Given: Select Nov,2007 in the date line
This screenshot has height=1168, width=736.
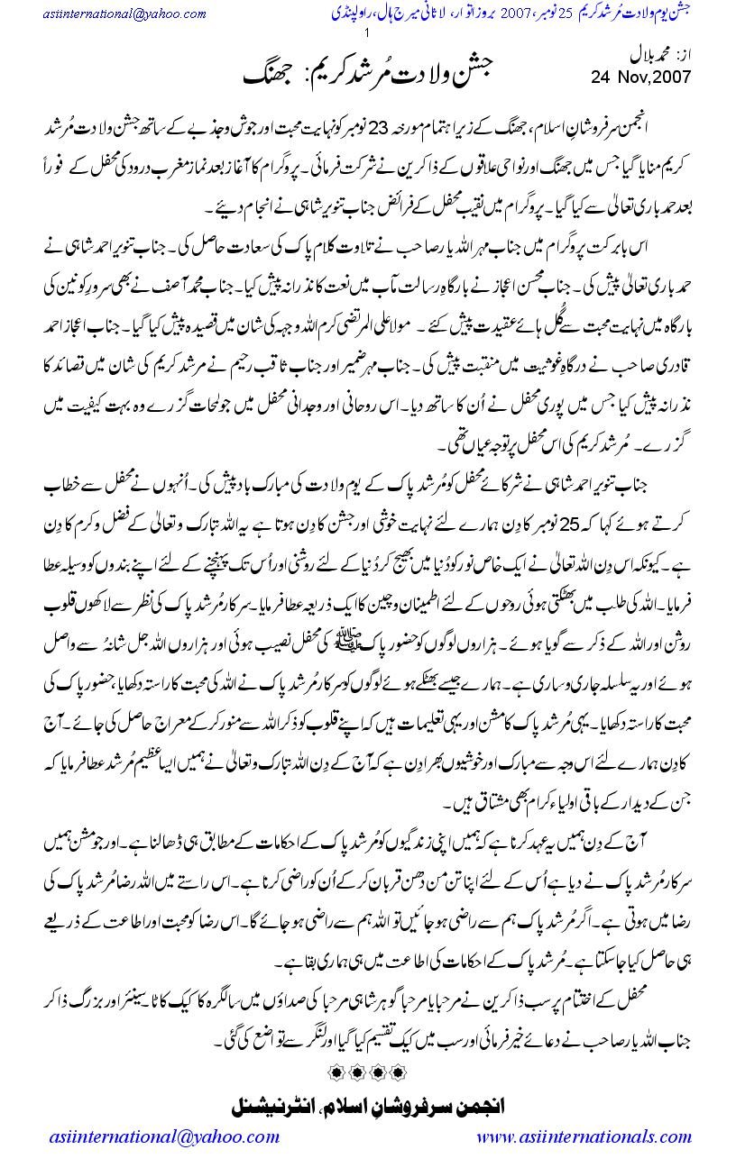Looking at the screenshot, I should click(x=651, y=77).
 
